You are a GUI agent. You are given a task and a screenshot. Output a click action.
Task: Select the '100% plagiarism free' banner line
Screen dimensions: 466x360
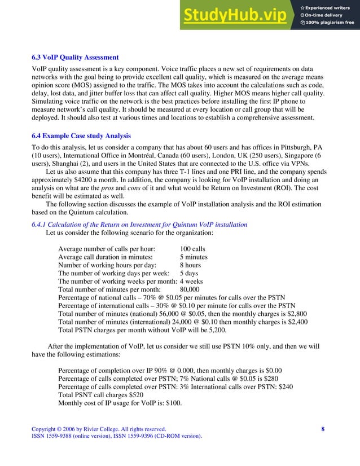click(x=327, y=23)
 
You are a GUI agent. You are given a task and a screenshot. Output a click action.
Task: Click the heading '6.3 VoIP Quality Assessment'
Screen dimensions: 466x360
click(x=75, y=58)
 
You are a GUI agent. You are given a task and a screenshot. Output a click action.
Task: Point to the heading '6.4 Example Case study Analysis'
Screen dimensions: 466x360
click(x=81, y=136)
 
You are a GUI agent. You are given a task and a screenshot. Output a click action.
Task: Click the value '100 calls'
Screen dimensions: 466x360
click(x=192, y=249)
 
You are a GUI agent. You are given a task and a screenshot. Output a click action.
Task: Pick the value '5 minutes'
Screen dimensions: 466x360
click(x=194, y=257)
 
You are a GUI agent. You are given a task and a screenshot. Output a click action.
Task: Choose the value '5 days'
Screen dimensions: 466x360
click(x=189, y=274)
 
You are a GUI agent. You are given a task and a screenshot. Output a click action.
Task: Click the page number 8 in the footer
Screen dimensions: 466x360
click(x=323, y=429)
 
